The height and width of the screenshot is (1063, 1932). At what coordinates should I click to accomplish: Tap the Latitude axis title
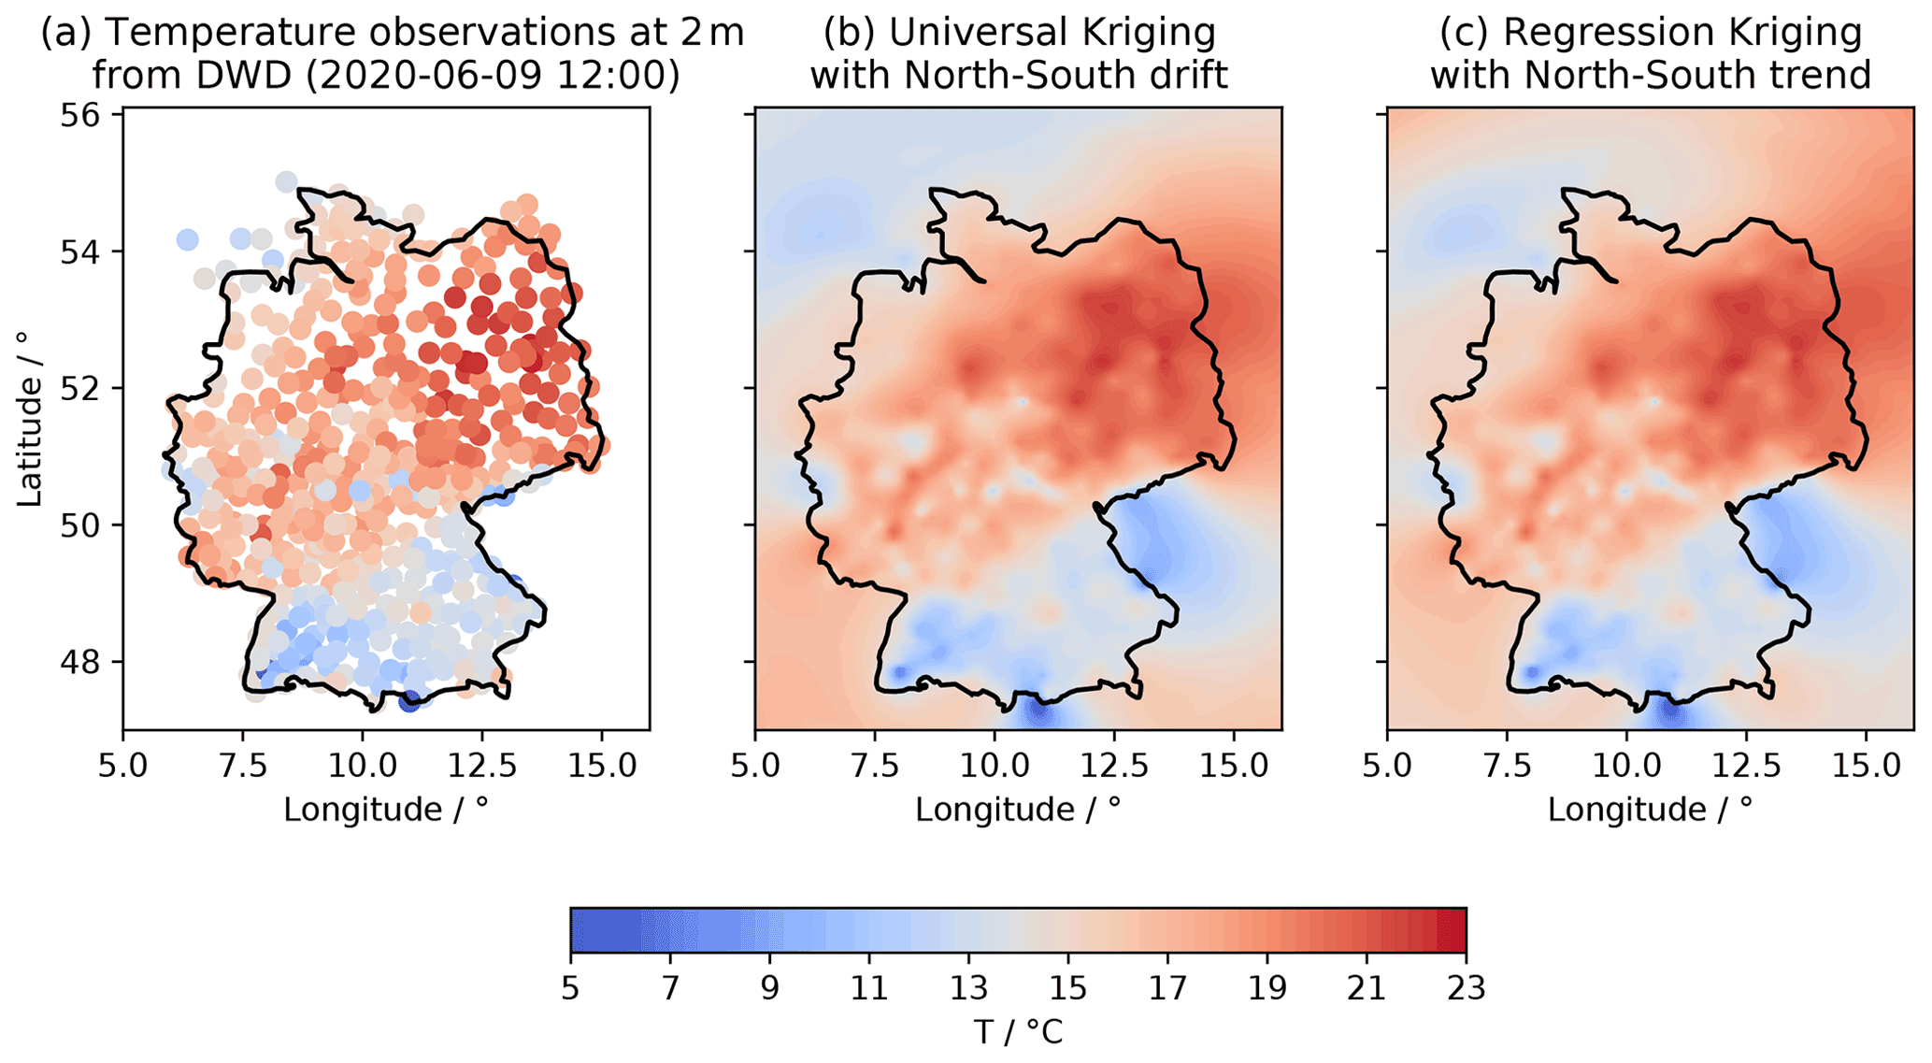tap(31, 419)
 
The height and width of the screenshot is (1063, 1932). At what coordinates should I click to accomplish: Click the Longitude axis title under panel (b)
tap(1018, 810)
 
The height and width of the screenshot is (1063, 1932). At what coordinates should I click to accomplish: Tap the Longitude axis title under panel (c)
tap(1650, 810)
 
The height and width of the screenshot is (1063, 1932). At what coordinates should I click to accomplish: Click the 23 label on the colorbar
tap(1466, 988)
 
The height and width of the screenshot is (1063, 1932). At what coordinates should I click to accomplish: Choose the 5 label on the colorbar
tap(571, 988)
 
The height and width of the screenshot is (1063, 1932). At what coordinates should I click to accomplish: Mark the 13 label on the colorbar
tap(968, 988)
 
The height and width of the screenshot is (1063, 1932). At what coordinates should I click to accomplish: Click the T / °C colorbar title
tap(1018, 1033)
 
